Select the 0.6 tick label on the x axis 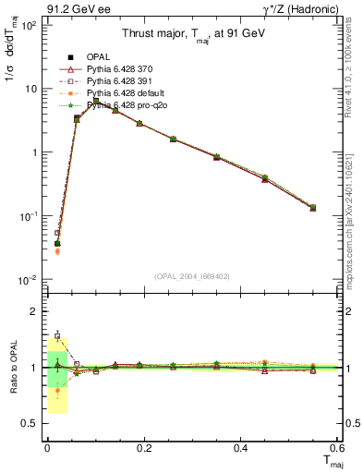coord(336,448)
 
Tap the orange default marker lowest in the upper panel coord(57,250)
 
